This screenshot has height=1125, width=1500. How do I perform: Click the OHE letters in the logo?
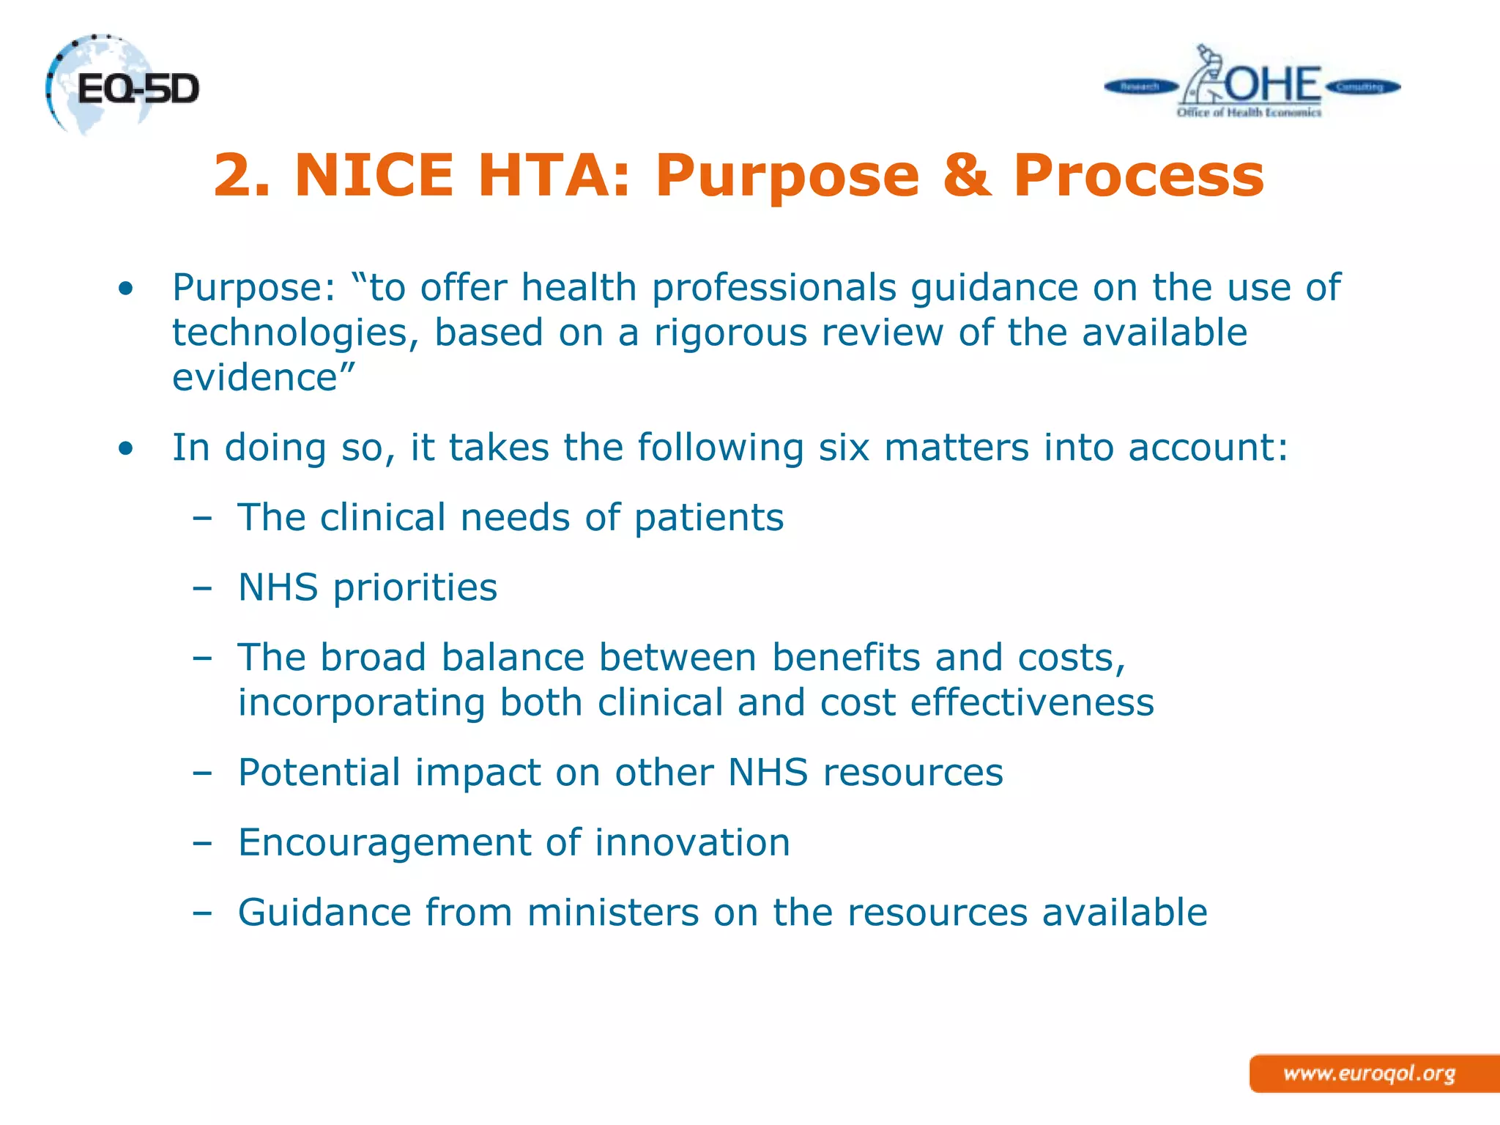(x=1273, y=84)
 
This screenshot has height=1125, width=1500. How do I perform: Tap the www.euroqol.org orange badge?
(x=1370, y=1074)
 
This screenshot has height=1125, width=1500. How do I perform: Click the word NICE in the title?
(x=374, y=176)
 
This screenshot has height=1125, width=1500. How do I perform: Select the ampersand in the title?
(x=966, y=176)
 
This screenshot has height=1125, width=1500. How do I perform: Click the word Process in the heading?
(x=1138, y=176)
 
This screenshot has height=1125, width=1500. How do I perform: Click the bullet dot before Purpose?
(x=126, y=289)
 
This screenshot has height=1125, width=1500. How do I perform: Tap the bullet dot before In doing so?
(x=126, y=448)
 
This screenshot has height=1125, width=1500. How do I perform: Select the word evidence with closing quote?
(x=264, y=378)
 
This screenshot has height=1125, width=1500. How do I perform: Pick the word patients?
(x=708, y=518)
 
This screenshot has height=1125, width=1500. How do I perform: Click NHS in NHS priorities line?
(x=278, y=587)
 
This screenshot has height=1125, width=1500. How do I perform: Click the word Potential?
(x=319, y=773)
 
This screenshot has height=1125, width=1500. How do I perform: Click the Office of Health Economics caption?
(x=1249, y=113)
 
